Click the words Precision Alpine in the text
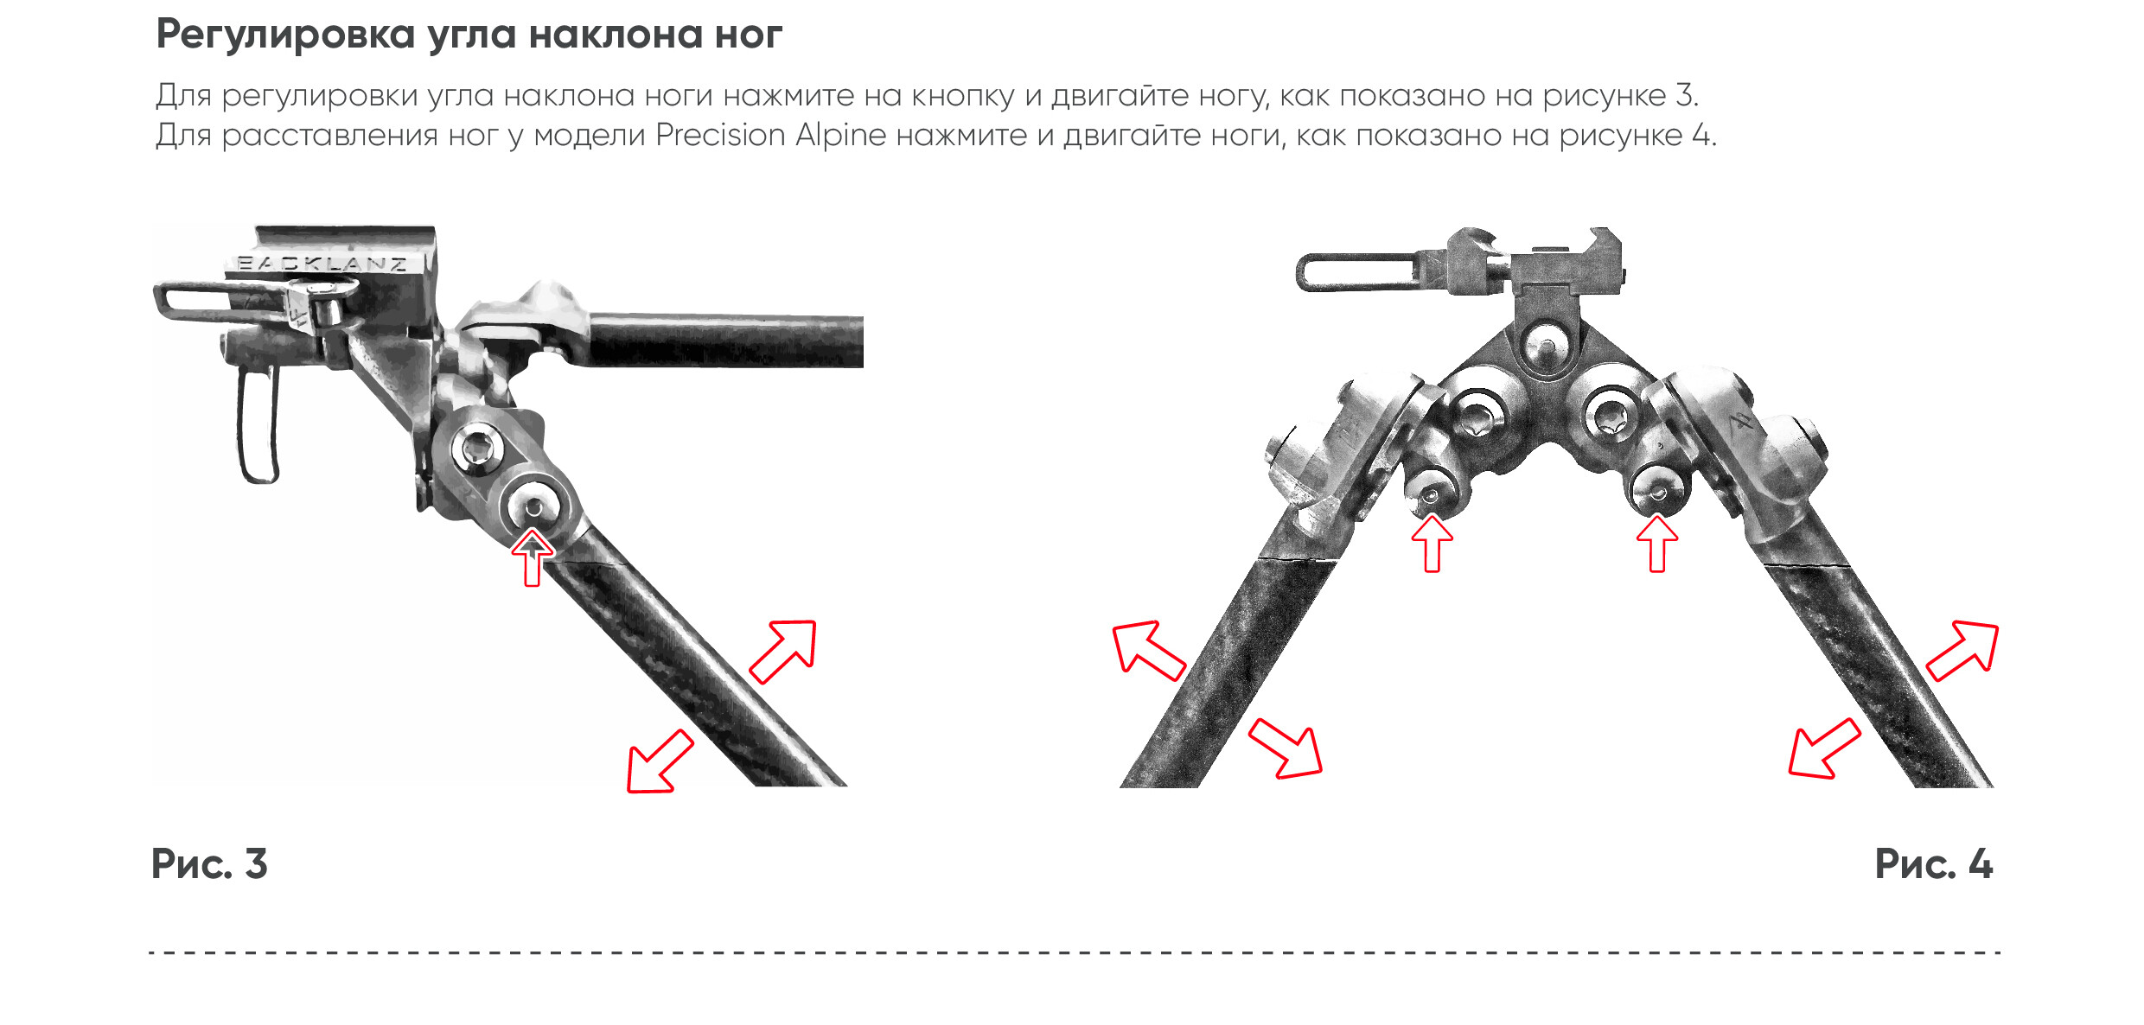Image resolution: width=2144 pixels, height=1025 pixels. pos(771,136)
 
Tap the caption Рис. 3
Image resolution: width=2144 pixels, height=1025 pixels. pos(209,864)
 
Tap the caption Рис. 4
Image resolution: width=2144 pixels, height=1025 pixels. pos(1933,864)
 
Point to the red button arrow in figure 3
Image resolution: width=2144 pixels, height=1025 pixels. pos(533,557)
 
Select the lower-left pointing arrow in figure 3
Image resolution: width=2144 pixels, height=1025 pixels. pos(660,761)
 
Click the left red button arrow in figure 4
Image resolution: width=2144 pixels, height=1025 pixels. pos(1432,543)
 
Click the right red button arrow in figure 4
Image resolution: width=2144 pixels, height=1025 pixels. pos(1657,543)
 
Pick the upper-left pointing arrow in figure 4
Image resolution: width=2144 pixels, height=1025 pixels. pos(1148,650)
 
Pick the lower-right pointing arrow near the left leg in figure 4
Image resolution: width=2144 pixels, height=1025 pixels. pos(1286,748)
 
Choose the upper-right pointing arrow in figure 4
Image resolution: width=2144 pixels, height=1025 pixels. pos(1963,650)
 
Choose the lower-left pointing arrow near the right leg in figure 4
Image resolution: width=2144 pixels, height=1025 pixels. pos(1824,748)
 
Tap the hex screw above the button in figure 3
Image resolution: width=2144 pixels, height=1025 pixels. pos(477,449)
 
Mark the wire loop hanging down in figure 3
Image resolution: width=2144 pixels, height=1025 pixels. pos(258,423)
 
